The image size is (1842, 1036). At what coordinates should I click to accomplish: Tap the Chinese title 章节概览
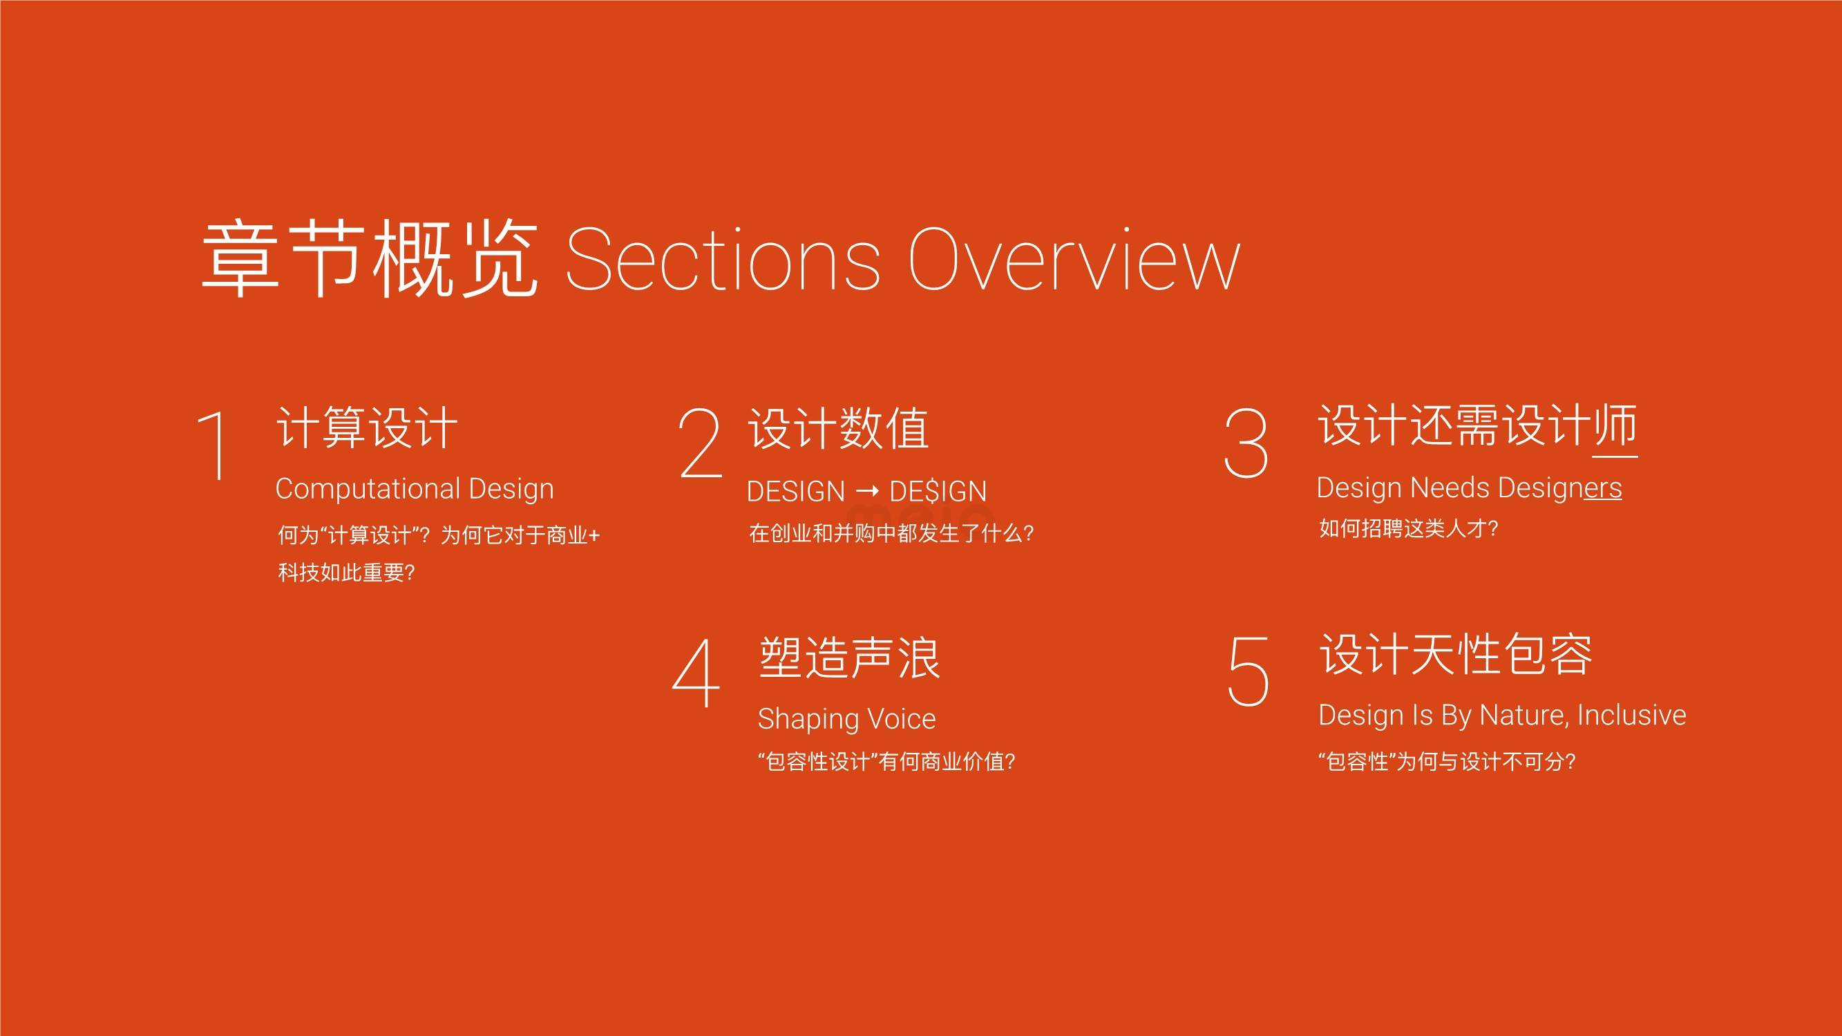pos(370,259)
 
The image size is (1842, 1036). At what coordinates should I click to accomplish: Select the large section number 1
pos(212,445)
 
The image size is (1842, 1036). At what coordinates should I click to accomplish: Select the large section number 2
pos(700,443)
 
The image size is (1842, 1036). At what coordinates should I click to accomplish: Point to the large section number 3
pos(1246,443)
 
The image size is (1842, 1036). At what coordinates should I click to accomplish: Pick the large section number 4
pos(696,673)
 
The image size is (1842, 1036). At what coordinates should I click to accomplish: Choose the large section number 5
pos(1248,671)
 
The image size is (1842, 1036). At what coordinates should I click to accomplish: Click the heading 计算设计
pos(367,428)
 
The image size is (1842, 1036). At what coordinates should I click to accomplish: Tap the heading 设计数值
pos(838,428)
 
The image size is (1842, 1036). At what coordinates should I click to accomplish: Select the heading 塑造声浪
pos(850,657)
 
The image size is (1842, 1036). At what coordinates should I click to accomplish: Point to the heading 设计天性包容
pos(1456,654)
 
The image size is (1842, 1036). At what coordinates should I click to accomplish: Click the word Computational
pos(368,490)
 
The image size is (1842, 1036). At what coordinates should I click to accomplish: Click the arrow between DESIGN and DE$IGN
pos(866,491)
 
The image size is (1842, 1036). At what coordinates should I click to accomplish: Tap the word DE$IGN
pos(938,492)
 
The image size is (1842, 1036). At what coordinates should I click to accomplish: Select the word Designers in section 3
pos(1559,489)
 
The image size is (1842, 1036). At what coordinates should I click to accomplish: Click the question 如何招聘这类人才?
pos(1408,528)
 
